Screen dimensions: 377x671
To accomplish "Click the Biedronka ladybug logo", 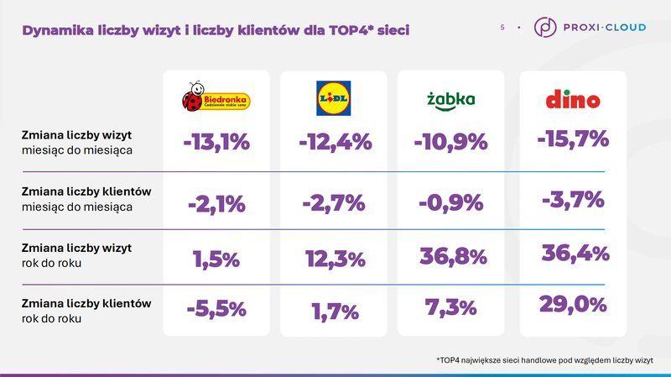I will tap(216, 97).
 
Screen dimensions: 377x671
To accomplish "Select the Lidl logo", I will tap(334, 98).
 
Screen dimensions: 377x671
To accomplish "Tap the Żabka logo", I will tap(450, 99).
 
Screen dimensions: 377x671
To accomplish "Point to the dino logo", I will tap(573, 99).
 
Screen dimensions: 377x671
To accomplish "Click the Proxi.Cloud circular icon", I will tap(545, 27).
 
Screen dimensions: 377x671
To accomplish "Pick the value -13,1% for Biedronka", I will tap(216, 142).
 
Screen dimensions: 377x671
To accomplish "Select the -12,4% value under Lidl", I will tap(335, 142).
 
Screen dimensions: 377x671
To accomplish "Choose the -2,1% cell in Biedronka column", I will tap(216, 203).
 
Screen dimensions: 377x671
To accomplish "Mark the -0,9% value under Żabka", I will tap(450, 202).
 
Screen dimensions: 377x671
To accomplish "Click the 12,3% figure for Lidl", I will tap(335, 259).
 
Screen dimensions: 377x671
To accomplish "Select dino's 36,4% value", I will tap(575, 253).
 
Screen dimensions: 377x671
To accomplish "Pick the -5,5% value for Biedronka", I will tap(216, 309).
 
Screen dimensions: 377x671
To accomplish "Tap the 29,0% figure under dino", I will tap(573, 304).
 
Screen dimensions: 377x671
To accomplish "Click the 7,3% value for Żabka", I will tap(450, 308).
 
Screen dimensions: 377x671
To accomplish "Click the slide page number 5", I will tap(502, 28).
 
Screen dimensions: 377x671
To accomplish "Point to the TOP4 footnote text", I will tap(544, 360).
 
